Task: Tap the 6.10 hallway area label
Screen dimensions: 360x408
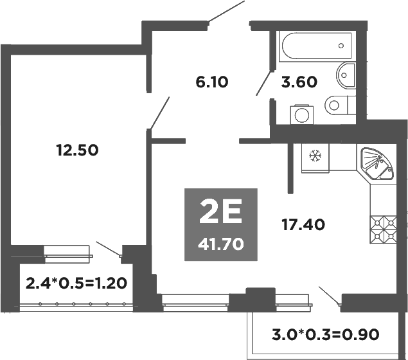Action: tap(212, 82)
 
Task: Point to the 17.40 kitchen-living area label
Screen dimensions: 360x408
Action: tap(303, 224)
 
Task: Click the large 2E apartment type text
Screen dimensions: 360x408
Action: tap(220, 212)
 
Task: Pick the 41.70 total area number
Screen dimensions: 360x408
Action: tap(221, 244)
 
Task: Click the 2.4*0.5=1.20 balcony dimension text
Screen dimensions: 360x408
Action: tap(75, 282)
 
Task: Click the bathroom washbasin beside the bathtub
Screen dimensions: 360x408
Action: tap(346, 76)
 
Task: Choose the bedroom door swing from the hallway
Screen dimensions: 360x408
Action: tap(160, 113)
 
